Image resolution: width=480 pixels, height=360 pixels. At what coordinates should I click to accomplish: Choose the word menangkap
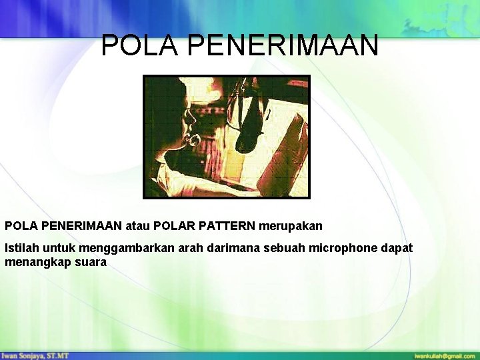pos(35,263)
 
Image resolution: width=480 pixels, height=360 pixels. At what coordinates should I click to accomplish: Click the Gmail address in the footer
pos(444,356)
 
